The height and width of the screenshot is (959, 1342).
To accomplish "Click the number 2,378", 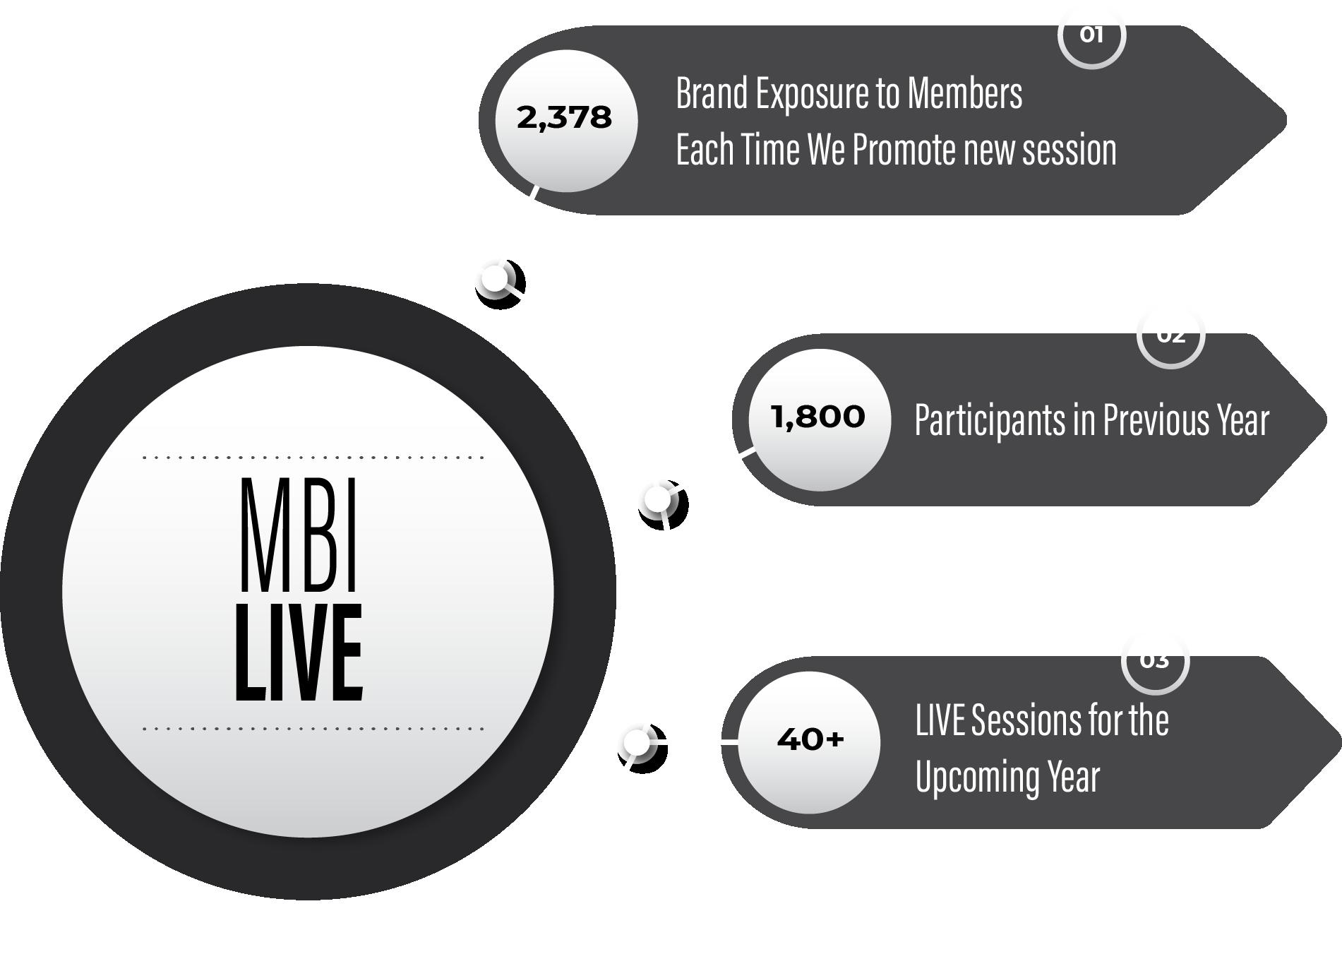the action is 564,118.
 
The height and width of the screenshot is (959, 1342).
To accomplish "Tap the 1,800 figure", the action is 818,417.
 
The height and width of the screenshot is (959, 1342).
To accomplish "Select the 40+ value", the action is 810,739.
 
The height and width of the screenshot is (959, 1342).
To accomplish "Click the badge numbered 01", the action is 1091,35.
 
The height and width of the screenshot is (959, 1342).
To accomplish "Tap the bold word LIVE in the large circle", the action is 299,653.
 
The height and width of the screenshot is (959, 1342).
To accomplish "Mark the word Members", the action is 964,93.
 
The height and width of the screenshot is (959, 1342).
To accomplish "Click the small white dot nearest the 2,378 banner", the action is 496,279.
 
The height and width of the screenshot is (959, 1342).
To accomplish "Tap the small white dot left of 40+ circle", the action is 637,743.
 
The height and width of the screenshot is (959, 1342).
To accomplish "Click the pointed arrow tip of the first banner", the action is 1286,120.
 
